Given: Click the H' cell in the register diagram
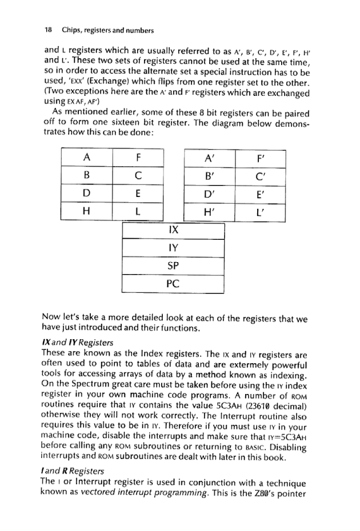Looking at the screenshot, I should pyautogui.click(x=210, y=210).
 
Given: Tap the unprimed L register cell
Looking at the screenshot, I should pyautogui.click(x=139, y=210).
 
